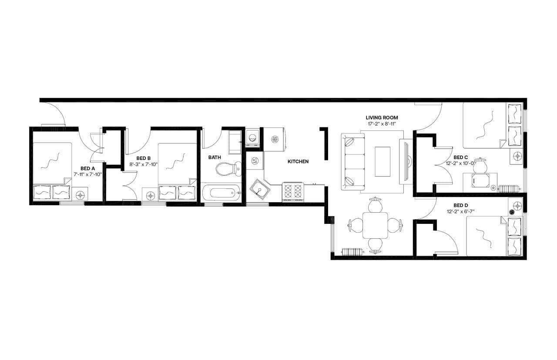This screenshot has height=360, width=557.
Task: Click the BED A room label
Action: [85, 168]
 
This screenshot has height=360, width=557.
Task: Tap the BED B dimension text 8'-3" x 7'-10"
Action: [144, 164]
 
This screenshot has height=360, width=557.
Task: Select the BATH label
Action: [214, 157]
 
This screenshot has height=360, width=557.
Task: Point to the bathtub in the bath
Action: [221, 192]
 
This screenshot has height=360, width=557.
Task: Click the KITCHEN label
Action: [298, 161]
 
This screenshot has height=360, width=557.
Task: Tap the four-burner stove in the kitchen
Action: [293, 191]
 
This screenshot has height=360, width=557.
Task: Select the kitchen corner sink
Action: [259, 190]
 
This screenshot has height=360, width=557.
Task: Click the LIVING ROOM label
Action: [382, 117]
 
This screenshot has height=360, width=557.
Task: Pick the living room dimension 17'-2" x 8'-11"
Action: [382, 124]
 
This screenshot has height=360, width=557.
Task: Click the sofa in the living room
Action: [353, 161]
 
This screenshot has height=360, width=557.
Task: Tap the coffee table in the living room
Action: [383, 161]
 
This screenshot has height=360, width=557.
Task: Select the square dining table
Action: [375, 225]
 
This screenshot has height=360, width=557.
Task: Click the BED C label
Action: [460, 157]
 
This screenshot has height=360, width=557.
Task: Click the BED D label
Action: [460, 205]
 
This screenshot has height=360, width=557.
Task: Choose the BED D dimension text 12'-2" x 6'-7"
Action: [460, 212]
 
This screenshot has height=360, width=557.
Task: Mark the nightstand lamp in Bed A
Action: [81, 195]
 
